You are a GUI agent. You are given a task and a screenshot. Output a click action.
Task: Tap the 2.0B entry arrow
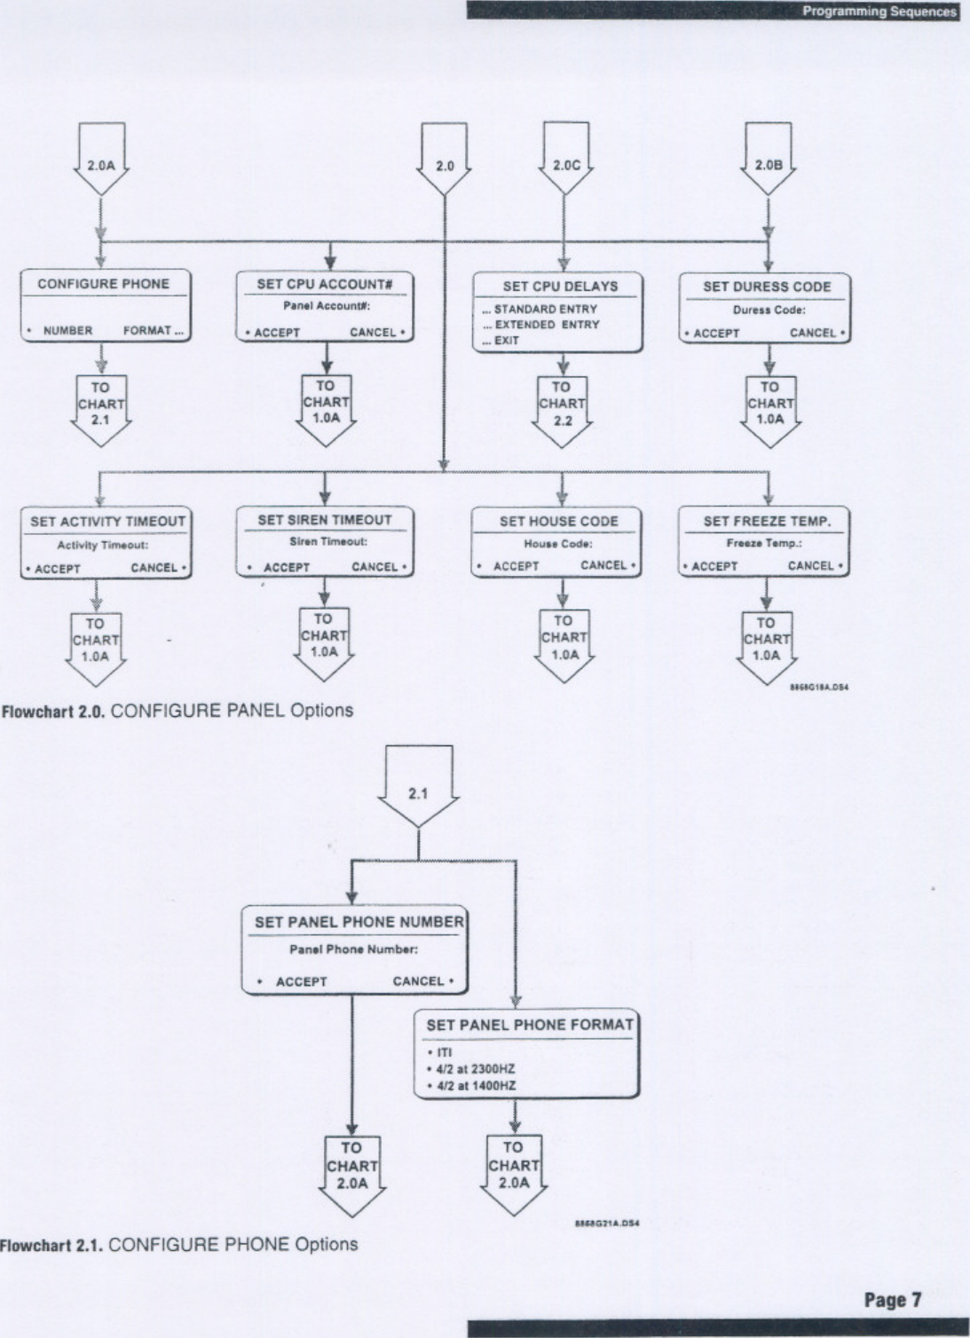(x=768, y=163)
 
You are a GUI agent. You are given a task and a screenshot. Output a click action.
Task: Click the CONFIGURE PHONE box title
(x=103, y=284)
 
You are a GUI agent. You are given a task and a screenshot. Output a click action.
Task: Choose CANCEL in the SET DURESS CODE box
(x=813, y=334)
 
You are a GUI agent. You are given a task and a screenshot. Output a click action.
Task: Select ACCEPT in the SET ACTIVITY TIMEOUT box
(x=58, y=569)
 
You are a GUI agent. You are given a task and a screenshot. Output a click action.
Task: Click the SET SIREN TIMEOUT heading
(x=324, y=520)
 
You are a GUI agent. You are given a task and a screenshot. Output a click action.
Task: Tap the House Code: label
(x=557, y=544)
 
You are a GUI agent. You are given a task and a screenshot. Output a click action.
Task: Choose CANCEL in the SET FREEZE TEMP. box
(x=810, y=566)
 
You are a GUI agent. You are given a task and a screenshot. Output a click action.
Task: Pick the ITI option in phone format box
(x=444, y=1053)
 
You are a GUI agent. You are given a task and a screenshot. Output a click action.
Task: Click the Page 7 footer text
(x=893, y=1301)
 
